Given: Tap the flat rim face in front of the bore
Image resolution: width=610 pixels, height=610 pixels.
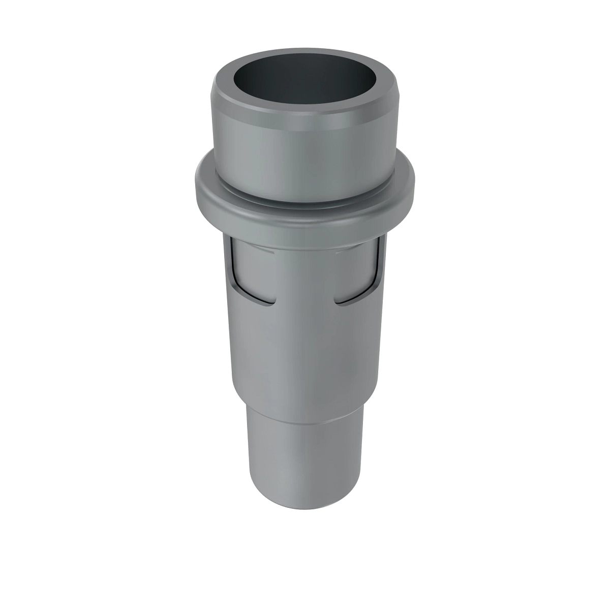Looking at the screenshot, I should point(305,108).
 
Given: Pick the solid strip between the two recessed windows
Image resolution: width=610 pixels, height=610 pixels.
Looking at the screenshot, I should point(305,274).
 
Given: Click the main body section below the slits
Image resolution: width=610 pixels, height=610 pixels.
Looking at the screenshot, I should point(305,356).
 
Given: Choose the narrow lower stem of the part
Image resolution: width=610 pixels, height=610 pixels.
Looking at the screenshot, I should point(305,457).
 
